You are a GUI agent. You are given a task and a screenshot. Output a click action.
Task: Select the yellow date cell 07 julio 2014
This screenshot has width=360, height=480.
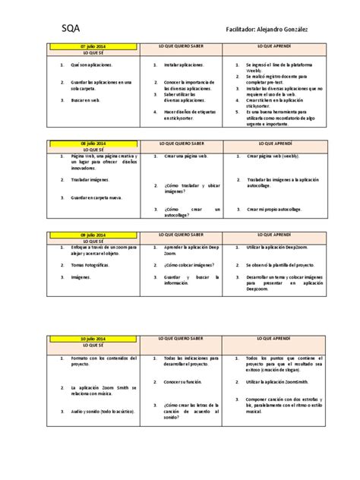coord(93,46)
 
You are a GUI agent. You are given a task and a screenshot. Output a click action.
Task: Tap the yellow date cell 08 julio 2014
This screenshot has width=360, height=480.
coord(93,143)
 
